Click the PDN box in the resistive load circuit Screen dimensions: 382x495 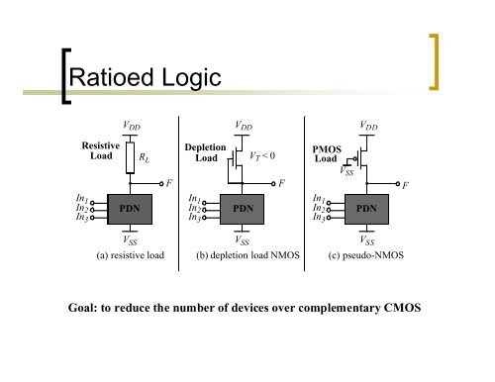[x=130, y=209]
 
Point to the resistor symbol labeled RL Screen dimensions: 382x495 [x=130, y=157]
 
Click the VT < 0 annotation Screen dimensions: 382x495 [x=262, y=155]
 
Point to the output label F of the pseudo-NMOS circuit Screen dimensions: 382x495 [x=406, y=185]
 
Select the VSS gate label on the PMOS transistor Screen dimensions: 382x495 [x=347, y=171]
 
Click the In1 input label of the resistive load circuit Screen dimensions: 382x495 [x=82, y=200]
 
